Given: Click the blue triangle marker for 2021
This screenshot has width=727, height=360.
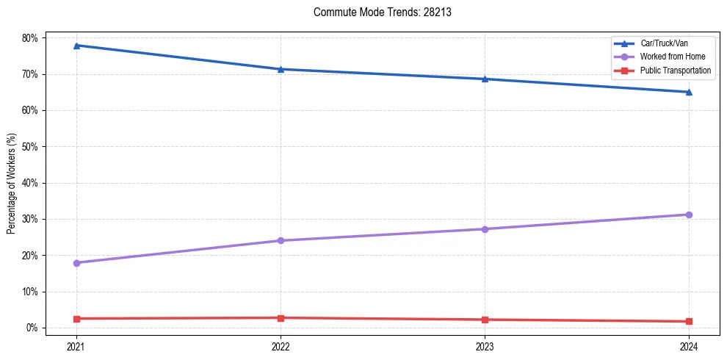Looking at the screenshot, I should [x=76, y=46].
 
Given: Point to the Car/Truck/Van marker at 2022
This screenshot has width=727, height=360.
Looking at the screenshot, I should [x=281, y=69].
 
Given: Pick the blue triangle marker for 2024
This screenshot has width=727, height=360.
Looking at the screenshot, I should [x=689, y=92].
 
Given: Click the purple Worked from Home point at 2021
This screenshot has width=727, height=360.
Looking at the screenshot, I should [x=76, y=262].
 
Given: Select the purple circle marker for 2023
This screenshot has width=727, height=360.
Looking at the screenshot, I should [x=485, y=229].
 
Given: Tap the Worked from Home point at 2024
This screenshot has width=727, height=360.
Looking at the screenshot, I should [x=689, y=215].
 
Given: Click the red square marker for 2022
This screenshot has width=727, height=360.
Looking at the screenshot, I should [x=281, y=318].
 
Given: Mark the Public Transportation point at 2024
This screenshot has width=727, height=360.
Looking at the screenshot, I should [x=689, y=321].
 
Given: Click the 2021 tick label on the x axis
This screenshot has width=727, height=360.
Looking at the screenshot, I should [x=76, y=345].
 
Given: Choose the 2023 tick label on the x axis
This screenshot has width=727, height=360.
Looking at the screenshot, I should [x=485, y=345].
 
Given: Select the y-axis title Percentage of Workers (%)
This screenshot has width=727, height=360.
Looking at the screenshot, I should [x=12, y=183].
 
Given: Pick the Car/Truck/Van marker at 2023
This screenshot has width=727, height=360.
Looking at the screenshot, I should [x=485, y=79].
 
